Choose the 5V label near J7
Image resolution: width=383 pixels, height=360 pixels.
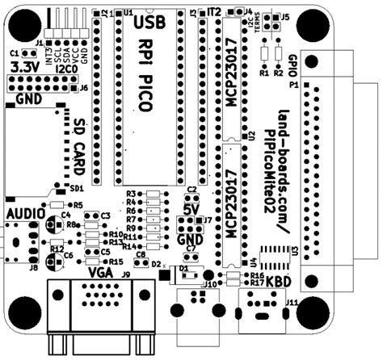click(191, 209)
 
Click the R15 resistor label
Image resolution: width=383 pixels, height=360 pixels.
click(116, 262)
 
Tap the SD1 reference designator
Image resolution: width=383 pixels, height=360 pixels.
click(76, 187)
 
